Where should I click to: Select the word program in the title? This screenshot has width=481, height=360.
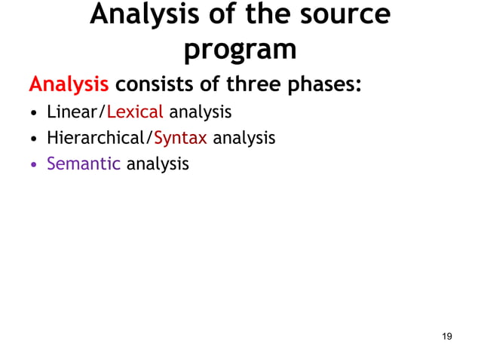pyautogui.click(x=240, y=49)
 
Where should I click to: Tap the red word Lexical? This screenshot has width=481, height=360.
pyautogui.click(x=135, y=113)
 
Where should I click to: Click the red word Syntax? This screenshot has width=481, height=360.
pyautogui.click(x=180, y=139)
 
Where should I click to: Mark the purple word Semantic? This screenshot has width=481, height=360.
pyautogui.click(x=84, y=163)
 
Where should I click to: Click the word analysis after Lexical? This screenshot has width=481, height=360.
pyautogui.click(x=200, y=114)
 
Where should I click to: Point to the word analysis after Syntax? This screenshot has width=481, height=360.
pyautogui.click(x=244, y=139)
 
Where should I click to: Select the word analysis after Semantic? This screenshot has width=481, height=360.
pyautogui.click(x=158, y=163)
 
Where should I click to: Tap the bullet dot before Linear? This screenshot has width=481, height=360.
pyautogui.click(x=34, y=114)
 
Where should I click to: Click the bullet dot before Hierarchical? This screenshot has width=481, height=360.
pyautogui.click(x=34, y=139)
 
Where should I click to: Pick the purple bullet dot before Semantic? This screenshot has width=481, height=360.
pyautogui.click(x=34, y=164)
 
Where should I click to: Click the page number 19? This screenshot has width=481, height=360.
pyautogui.click(x=447, y=336)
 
